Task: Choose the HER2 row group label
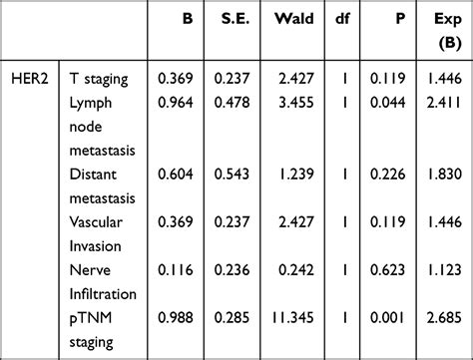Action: (31, 77)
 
